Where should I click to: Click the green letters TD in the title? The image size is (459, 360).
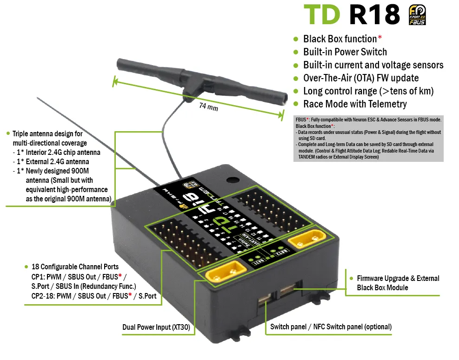(x=321, y=15)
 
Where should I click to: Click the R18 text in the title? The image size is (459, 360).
(x=374, y=15)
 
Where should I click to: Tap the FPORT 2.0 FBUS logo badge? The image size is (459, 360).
(x=417, y=15)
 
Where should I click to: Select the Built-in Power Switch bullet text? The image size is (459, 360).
(x=345, y=52)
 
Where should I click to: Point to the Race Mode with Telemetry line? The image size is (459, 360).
(x=354, y=104)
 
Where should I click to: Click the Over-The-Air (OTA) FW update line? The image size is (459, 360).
(x=360, y=78)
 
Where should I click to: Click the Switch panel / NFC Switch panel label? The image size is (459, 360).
(x=331, y=327)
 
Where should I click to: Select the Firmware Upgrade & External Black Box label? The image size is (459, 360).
(x=398, y=283)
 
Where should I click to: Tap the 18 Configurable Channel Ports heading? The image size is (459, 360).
(x=74, y=267)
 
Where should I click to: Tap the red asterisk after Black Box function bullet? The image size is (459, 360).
(x=380, y=38)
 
